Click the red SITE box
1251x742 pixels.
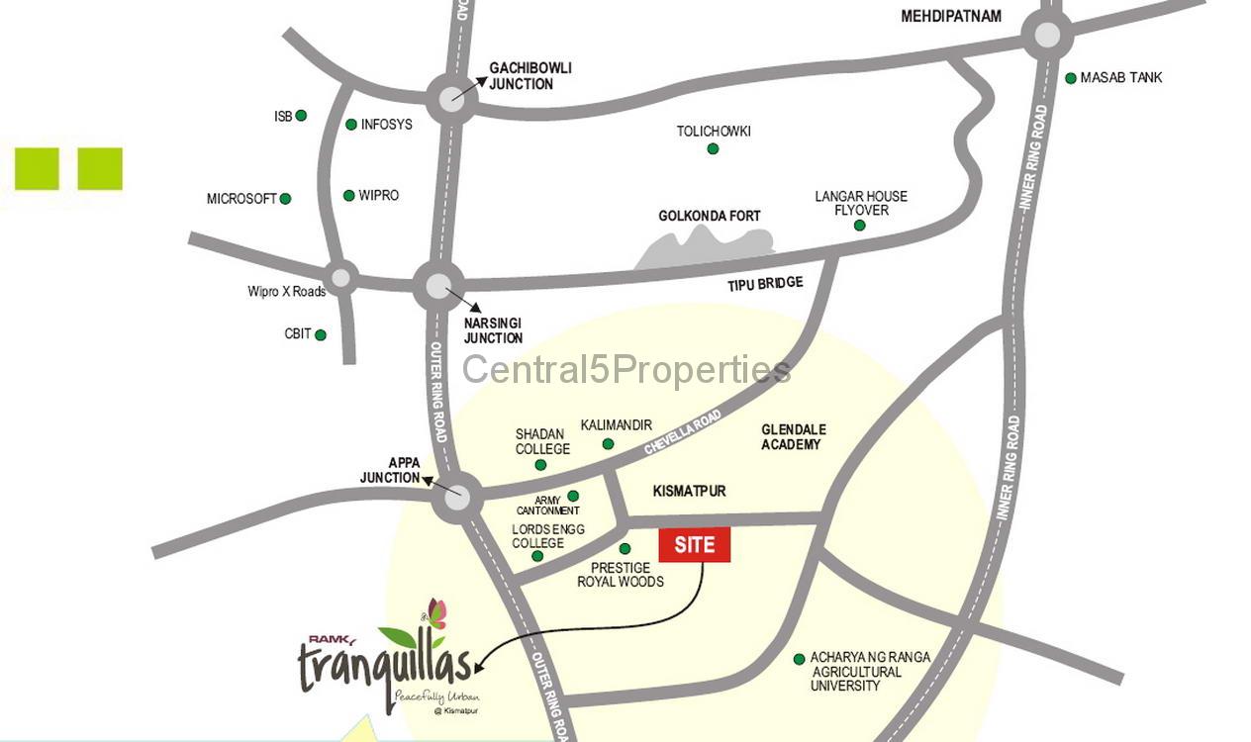694,545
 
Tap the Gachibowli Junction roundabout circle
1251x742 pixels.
451,97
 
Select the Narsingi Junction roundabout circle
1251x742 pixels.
438,286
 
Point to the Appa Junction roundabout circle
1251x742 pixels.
457,497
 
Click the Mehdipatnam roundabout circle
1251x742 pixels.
1046,36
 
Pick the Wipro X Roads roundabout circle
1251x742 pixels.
341,278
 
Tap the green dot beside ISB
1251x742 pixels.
301,116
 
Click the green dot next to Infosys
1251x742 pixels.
351,125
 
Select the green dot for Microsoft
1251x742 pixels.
285,199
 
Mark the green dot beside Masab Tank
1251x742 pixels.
1071,78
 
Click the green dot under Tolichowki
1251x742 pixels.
713,149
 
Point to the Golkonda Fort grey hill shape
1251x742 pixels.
705,247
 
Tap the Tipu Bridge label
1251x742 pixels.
765,284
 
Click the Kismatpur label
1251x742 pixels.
690,491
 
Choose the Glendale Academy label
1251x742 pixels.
793,437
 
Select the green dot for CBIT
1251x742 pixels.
321,335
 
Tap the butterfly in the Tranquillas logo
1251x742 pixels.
435,613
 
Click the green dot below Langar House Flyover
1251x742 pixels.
859,226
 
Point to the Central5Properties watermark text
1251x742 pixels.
626,370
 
